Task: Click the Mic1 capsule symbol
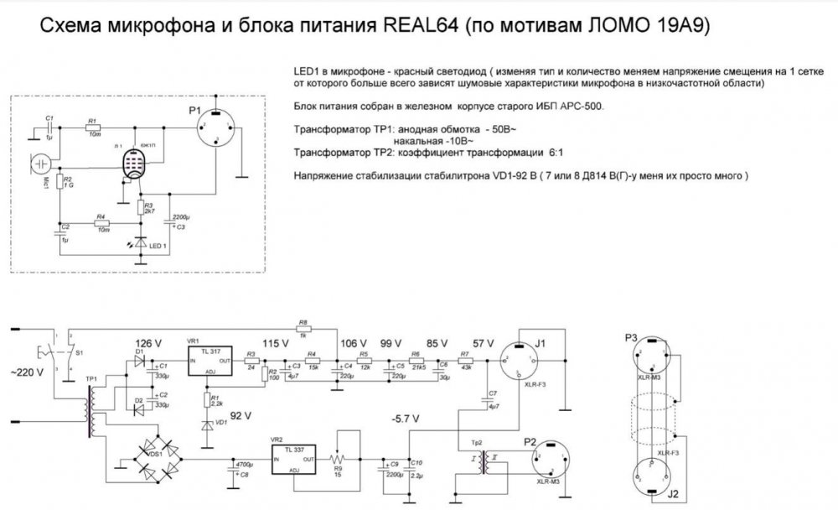click(41, 164)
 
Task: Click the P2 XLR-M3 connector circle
click(556, 458)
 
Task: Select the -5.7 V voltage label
click(406, 419)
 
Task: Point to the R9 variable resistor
click(338, 460)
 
